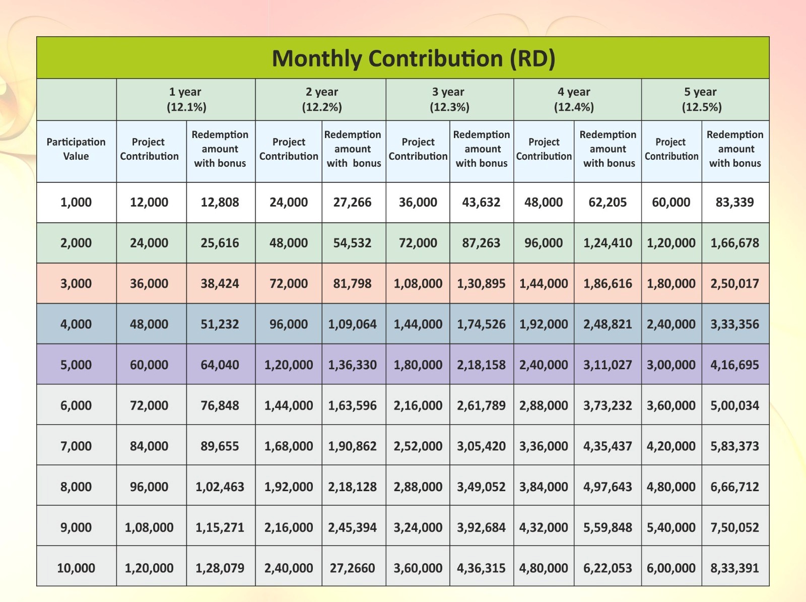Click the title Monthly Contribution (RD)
click(x=413, y=58)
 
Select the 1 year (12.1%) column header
click(x=186, y=99)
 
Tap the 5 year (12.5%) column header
click(x=701, y=99)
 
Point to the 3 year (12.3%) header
click(x=449, y=99)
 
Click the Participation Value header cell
click(x=76, y=149)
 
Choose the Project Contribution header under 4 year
click(x=544, y=149)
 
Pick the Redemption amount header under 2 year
click(x=353, y=149)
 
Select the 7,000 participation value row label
click(x=76, y=446)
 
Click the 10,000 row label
click(x=76, y=568)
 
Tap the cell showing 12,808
click(x=220, y=203)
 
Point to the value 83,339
click(x=734, y=203)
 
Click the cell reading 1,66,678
click(x=734, y=243)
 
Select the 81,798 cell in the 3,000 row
click(x=352, y=284)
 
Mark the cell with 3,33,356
click(x=734, y=324)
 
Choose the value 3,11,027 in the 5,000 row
click(x=607, y=365)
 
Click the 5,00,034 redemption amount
click(x=734, y=406)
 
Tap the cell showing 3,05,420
click(x=481, y=446)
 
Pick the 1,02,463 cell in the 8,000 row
click(x=220, y=487)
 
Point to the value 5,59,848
click(x=607, y=527)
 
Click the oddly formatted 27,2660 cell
click(x=352, y=568)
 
